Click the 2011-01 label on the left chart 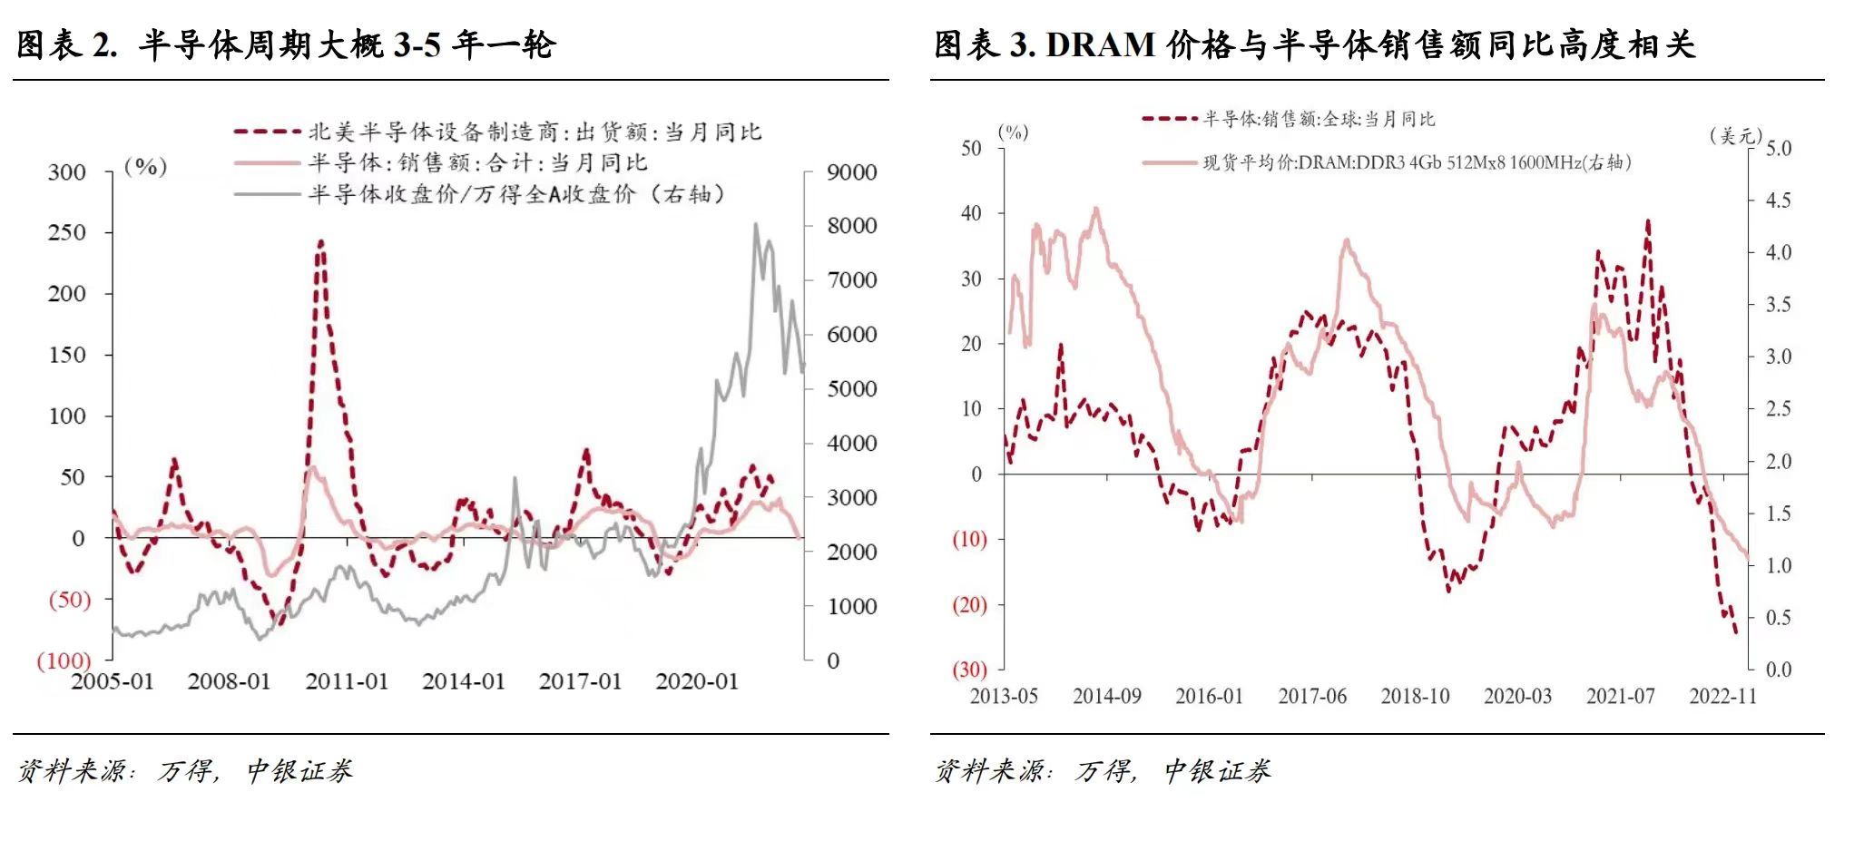tap(347, 681)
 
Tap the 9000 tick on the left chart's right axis tap(852, 172)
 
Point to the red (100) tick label tap(64, 660)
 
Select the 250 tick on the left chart tap(66, 232)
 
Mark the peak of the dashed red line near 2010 tap(319, 242)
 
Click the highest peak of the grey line tap(756, 224)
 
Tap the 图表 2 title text tap(286, 45)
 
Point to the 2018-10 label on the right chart tap(1415, 696)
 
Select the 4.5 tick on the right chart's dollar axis tap(1778, 201)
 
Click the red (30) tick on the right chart tap(969, 670)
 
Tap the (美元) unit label tap(1735, 135)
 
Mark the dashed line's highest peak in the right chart tap(1647, 220)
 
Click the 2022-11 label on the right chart tap(1722, 696)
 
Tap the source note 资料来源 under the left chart tap(184, 771)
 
